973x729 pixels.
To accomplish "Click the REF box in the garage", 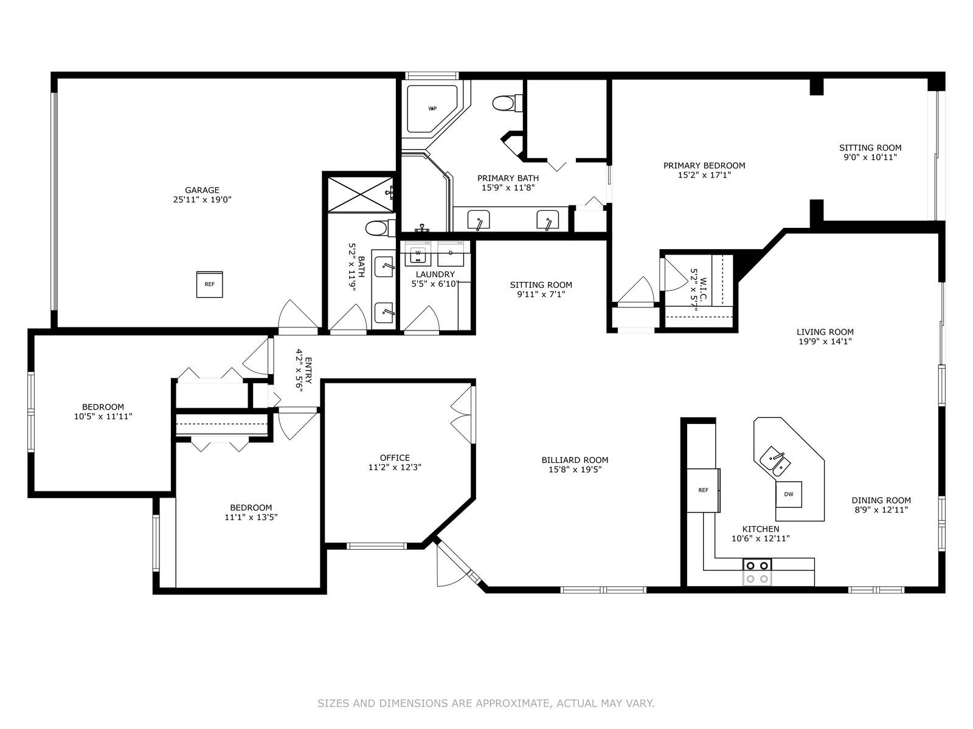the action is click(x=209, y=284).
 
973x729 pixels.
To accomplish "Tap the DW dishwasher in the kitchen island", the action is click(x=788, y=495).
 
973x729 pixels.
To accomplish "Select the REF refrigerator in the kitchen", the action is click(x=703, y=490).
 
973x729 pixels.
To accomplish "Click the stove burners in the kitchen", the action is click(x=757, y=572).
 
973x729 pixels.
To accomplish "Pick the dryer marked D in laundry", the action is click(x=451, y=253).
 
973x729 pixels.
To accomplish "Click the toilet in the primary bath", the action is click(x=507, y=103).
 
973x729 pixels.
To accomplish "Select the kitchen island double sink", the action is click(x=775, y=462).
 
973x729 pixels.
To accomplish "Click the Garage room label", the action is click(x=202, y=190).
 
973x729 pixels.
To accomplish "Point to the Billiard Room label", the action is click(x=575, y=460).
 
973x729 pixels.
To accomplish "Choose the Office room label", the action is click(x=395, y=457).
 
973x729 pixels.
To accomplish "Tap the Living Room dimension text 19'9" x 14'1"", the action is click(x=825, y=341).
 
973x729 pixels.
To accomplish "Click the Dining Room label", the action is click(x=881, y=500).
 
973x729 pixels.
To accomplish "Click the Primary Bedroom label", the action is click(x=704, y=165).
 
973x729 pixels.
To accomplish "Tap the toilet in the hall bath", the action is click(x=380, y=228).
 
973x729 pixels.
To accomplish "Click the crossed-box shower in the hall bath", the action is click(x=360, y=194).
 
